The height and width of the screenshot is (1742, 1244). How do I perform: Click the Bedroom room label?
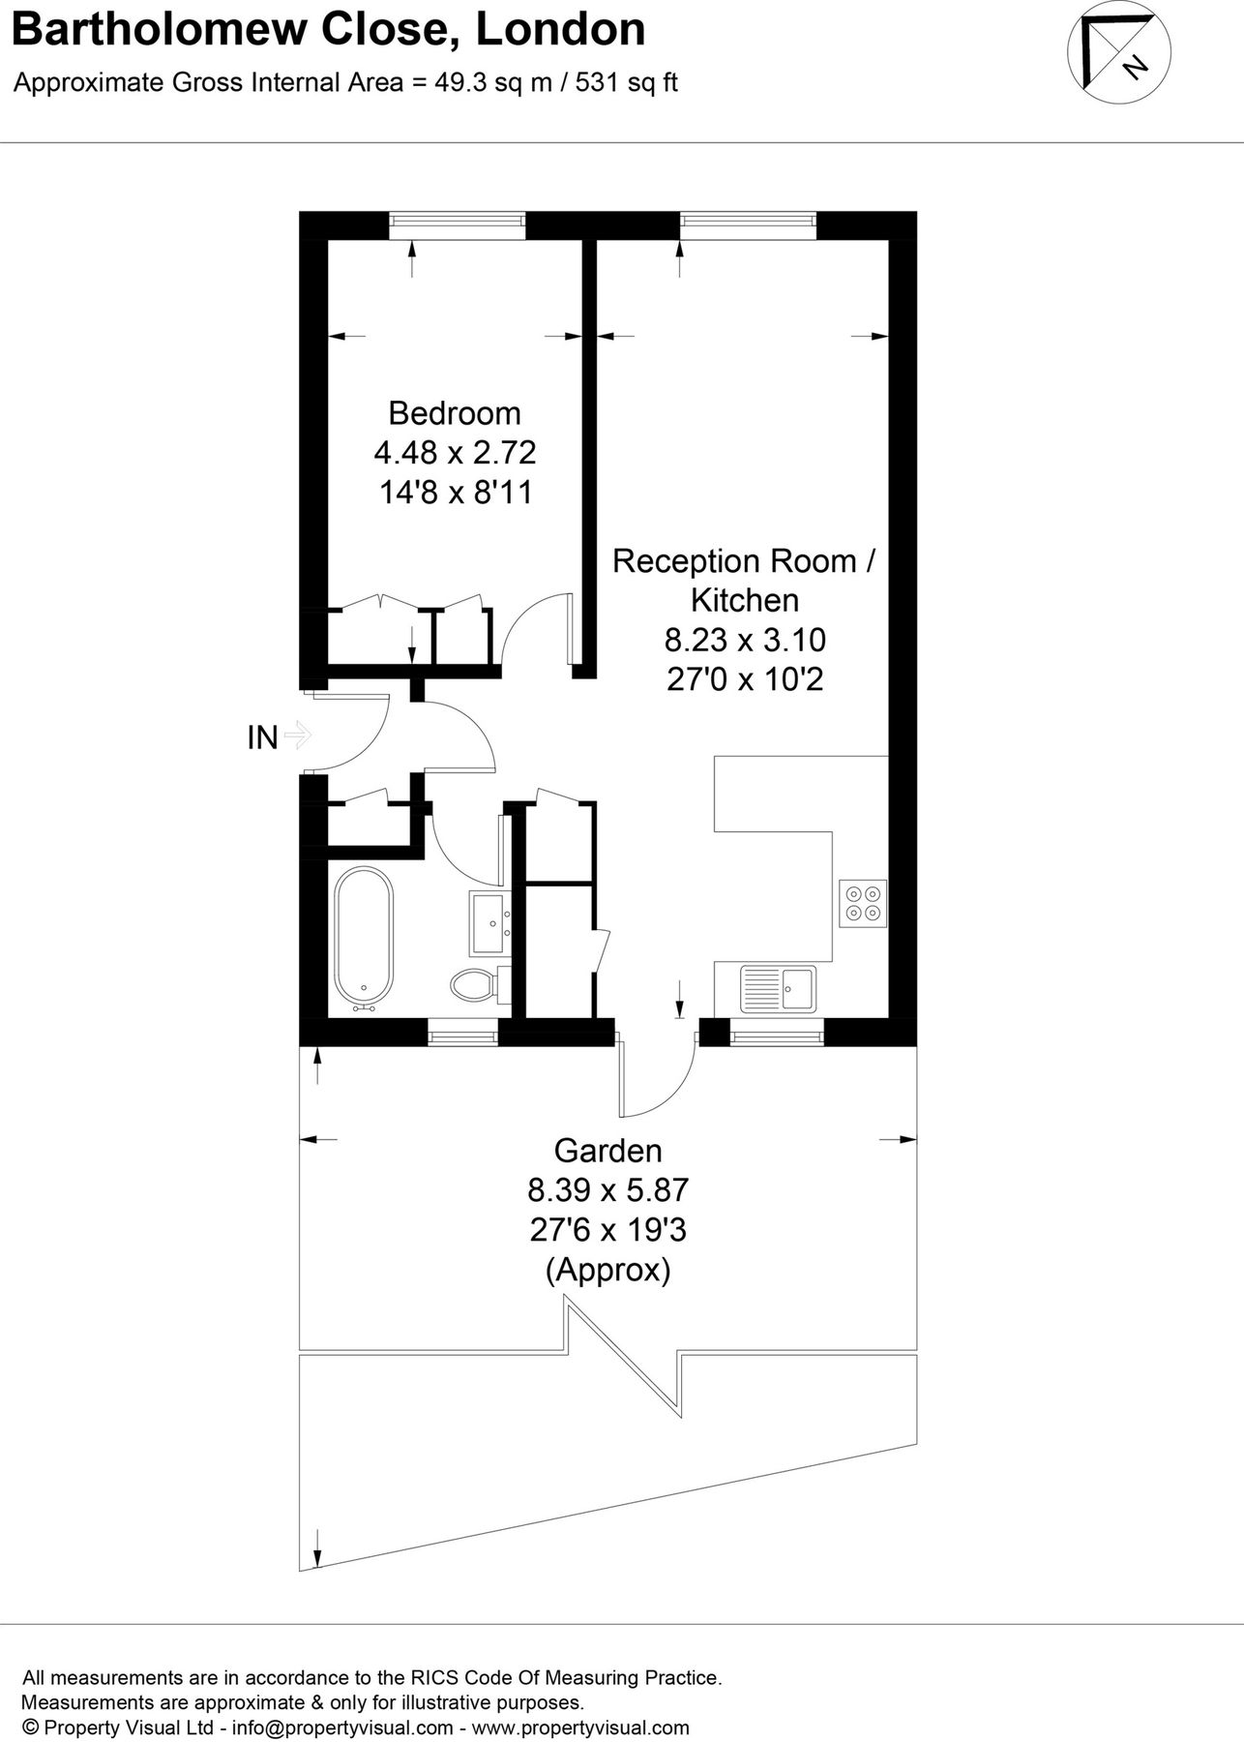(454, 413)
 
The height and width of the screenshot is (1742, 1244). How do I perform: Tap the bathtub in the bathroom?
(364, 939)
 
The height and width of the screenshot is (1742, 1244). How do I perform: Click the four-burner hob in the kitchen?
(863, 903)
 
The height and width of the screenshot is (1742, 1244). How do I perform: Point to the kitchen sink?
(779, 989)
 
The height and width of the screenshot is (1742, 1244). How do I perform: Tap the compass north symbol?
(1118, 57)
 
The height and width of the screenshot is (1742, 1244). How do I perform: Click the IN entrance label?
(262, 738)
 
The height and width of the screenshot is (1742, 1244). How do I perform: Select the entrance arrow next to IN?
(298, 736)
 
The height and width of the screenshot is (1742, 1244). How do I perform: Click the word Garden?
(607, 1151)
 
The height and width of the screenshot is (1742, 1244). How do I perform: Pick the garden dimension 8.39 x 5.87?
(607, 1189)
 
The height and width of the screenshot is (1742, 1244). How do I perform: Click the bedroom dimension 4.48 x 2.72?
(455, 453)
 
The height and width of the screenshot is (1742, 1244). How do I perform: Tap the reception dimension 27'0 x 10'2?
(745, 679)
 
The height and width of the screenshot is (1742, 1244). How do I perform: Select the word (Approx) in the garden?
(608, 1269)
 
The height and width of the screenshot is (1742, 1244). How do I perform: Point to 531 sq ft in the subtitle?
(627, 82)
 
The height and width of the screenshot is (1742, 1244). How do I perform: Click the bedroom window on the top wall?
(458, 225)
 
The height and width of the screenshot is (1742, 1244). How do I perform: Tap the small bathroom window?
(462, 1035)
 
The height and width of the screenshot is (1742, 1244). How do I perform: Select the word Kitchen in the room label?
(745, 600)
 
